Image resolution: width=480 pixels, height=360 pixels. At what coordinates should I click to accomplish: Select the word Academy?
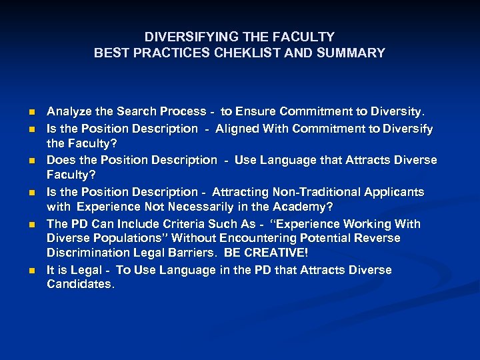[302, 206]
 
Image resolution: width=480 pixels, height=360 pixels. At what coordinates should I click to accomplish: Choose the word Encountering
[265, 238]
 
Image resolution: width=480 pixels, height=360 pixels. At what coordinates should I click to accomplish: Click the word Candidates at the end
[81, 285]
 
